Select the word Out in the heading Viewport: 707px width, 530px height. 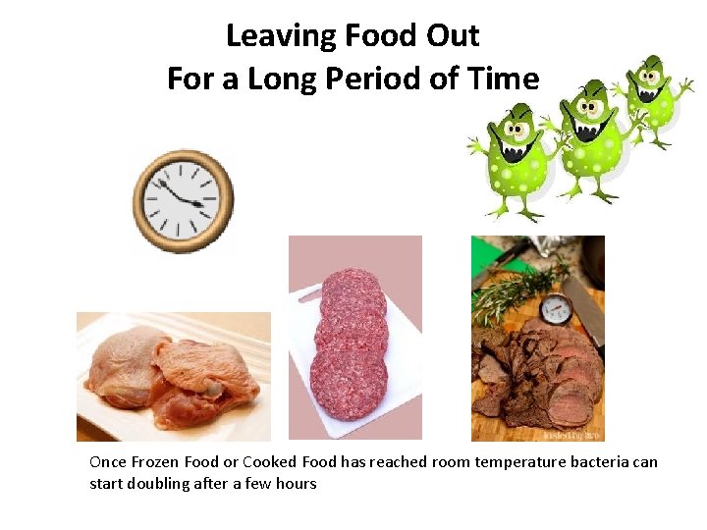click(451, 36)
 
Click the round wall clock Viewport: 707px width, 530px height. click(184, 200)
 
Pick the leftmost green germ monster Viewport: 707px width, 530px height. click(517, 162)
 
